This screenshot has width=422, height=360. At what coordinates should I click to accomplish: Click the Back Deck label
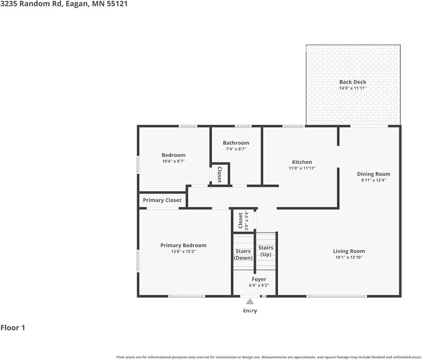click(353, 82)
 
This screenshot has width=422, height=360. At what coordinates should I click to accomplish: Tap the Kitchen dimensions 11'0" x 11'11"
click(302, 168)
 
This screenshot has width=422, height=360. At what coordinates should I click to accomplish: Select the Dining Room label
click(374, 174)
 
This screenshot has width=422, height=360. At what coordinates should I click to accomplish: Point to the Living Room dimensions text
click(349, 257)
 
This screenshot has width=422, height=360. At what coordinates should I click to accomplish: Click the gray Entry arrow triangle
click(250, 301)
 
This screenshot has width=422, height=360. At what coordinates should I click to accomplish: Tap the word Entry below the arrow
click(250, 310)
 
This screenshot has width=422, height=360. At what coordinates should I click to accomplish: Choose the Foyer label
click(259, 279)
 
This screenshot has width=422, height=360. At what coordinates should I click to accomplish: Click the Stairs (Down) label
click(243, 254)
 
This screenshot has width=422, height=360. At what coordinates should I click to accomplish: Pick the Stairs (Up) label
click(266, 251)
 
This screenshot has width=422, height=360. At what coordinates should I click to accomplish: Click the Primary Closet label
click(162, 200)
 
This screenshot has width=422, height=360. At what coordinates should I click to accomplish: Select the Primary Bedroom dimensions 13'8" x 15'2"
click(183, 252)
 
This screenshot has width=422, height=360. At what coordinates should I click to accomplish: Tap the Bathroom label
click(236, 143)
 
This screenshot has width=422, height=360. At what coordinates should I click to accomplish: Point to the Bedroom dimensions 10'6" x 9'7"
click(173, 161)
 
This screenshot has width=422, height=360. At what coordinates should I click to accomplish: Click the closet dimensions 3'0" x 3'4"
click(247, 221)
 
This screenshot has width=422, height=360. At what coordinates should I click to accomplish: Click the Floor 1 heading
click(13, 328)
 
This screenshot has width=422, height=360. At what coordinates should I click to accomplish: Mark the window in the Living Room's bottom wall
click(337, 296)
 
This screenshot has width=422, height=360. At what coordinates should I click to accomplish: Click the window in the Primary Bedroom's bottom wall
click(187, 296)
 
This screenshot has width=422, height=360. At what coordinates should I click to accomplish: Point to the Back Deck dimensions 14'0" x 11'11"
click(353, 88)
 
